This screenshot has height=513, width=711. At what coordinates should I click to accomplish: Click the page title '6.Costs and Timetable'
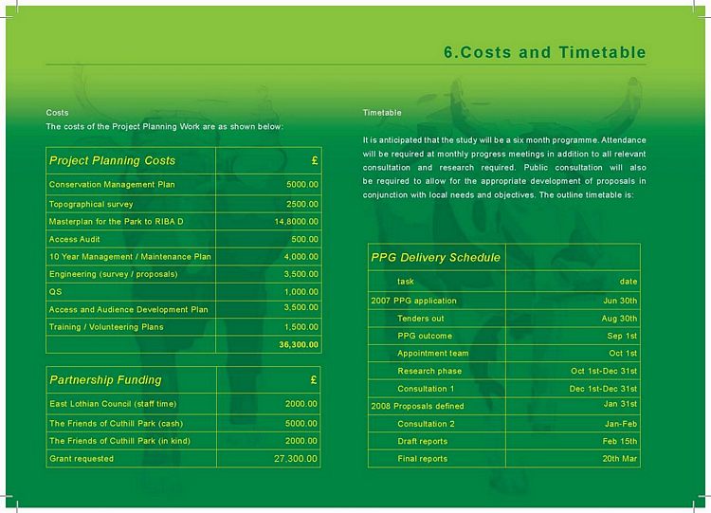(545, 52)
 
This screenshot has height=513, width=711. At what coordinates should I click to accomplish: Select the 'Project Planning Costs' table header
(112, 160)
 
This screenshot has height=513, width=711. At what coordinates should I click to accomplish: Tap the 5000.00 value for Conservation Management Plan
(302, 184)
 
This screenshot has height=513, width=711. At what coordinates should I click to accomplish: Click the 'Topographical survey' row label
(91, 204)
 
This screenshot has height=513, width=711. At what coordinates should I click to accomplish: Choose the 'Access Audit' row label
(77, 239)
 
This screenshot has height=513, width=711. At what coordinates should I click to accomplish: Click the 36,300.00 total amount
(299, 344)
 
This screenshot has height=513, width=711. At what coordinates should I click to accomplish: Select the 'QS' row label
(55, 292)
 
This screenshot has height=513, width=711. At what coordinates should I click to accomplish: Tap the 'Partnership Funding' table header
(105, 380)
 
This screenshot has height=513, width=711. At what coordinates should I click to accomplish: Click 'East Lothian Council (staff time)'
(109, 403)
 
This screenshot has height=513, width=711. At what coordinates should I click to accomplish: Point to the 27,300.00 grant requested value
(296, 459)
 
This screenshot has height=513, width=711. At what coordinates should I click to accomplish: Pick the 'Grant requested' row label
(81, 459)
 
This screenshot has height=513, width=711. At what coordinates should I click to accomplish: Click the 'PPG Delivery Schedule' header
(434, 257)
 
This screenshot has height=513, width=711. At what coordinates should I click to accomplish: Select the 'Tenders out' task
(420, 319)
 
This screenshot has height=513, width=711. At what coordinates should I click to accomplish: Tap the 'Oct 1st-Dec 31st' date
(604, 371)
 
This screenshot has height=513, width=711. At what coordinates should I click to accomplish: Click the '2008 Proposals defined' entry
(417, 406)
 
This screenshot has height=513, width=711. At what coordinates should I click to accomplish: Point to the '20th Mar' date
(620, 459)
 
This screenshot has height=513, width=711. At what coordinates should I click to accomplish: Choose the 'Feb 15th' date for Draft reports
(620, 441)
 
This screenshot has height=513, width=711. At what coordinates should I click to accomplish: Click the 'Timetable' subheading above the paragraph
(382, 113)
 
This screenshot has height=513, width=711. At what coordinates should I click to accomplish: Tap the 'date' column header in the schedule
(629, 282)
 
